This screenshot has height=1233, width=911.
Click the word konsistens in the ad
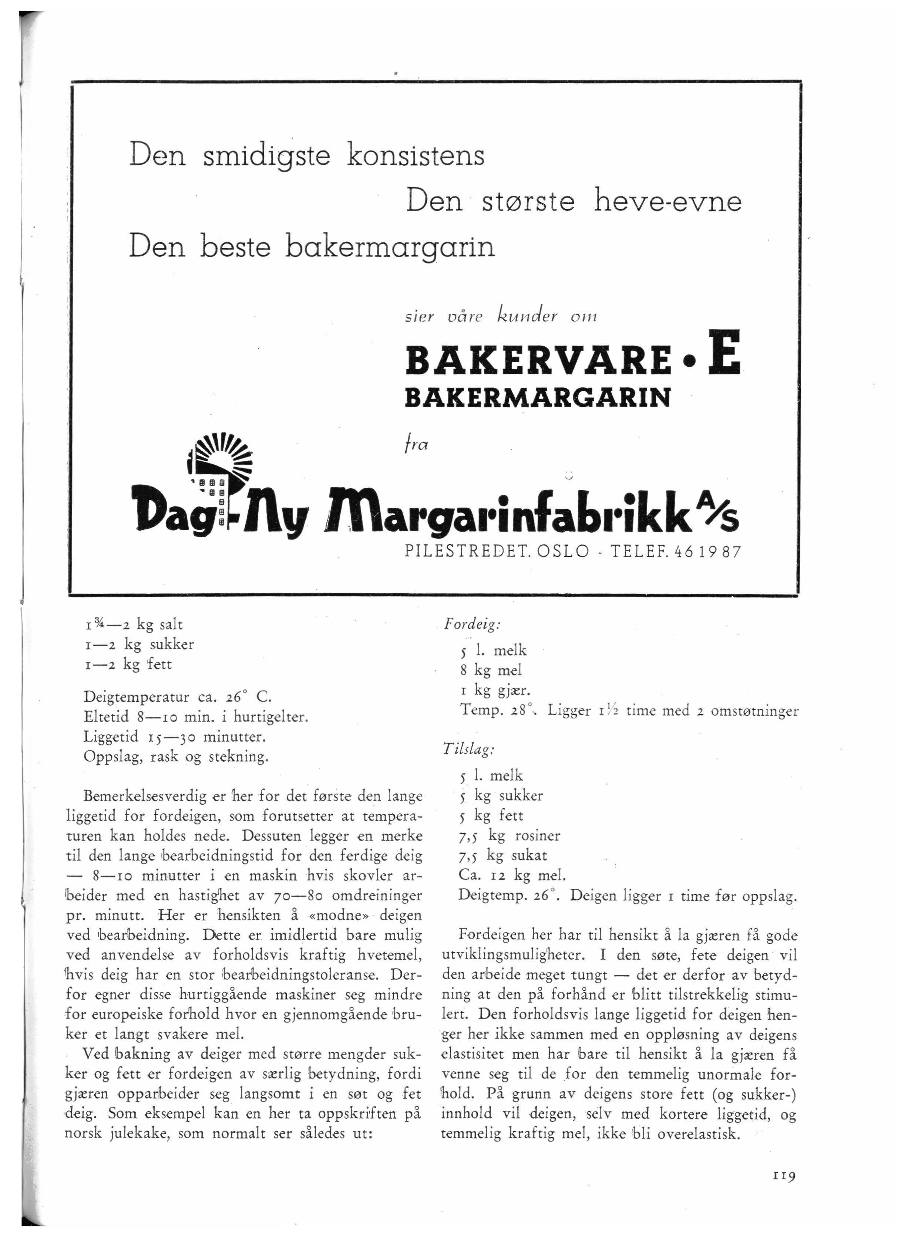point(416,155)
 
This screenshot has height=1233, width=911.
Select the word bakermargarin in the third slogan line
point(390,247)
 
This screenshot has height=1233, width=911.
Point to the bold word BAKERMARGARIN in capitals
point(538,397)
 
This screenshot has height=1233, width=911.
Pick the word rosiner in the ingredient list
point(537,836)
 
